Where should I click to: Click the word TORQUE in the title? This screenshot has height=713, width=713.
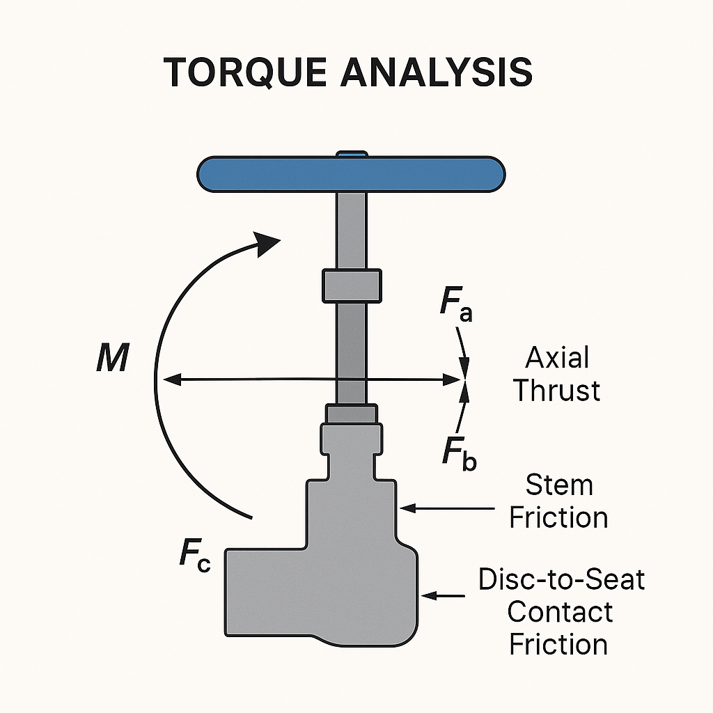tap(244, 72)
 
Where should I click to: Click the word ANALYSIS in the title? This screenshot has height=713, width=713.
tap(437, 72)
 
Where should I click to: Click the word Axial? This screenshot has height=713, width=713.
tap(557, 358)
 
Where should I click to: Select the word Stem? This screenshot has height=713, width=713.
tap(559, 485)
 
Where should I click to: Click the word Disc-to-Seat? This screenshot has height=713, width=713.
tap(561, 579)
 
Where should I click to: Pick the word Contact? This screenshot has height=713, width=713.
tap(560, 611)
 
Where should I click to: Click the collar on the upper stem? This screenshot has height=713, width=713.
tap(352, 286)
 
